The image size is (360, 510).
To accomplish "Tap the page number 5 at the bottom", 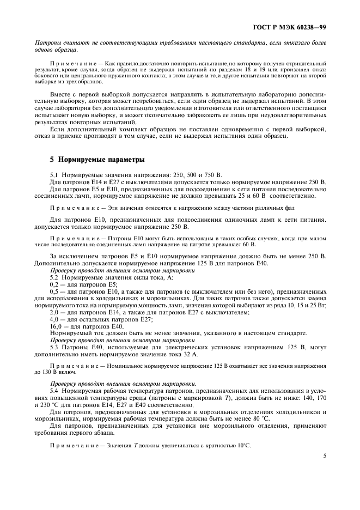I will pyautogui.click(x=324, y=471).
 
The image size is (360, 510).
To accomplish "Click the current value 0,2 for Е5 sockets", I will pyautogui.click(x=54, y=285).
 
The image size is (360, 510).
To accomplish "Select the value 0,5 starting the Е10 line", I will pyautogui.click(x=54, y=292).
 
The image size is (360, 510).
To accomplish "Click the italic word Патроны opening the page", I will pyautogui.click(x=47, y=42).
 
